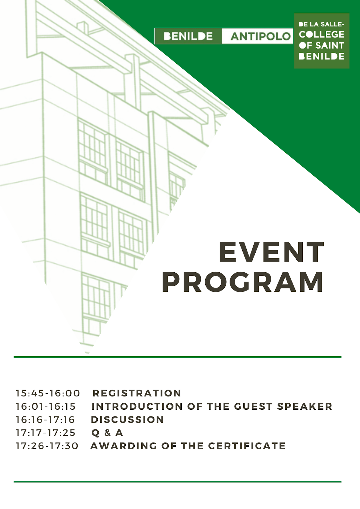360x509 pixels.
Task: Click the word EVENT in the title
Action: [x=271, y=252]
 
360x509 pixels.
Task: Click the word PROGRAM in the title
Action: [x=243, y=282]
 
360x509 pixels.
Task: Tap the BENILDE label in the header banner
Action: [x=188, y=36]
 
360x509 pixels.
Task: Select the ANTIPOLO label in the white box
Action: [x=260, y=36]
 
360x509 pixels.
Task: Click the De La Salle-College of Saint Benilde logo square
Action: [x=321, y=40]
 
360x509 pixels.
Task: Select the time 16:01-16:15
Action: [x=45, y=406]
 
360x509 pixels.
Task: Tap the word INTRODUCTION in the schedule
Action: [x=137, y=406]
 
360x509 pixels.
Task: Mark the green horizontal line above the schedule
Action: [x=177, y=357]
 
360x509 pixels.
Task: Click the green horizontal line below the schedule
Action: [x=177, y=482]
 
